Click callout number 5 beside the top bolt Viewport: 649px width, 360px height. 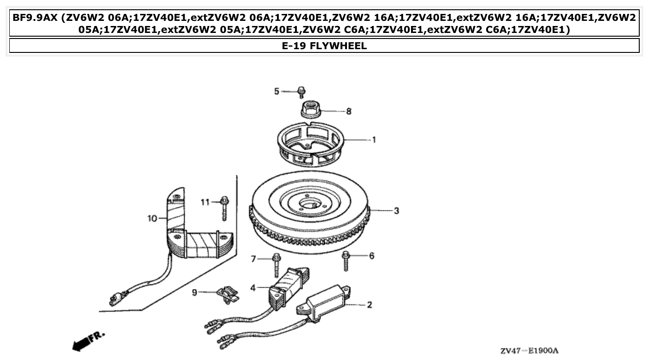click(276, 91)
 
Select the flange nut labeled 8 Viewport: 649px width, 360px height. click(308, 110)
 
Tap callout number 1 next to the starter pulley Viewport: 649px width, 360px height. click(373, 139)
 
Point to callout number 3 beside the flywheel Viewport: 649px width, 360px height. click(396, 211)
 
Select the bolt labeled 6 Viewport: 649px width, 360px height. click(346, 261)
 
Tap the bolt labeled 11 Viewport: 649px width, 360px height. click(225, 207)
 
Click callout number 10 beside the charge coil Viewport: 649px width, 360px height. click(153, 218)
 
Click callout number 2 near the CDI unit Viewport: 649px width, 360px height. click(369, 305)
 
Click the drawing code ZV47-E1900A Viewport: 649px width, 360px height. click(529, 350)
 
